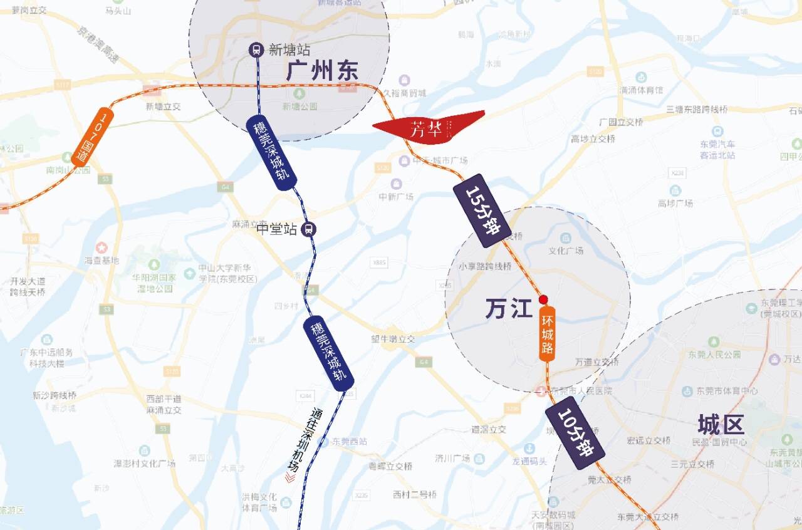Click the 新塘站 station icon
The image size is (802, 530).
(x=256, y=49)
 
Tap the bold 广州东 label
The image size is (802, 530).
(x=322, y=71)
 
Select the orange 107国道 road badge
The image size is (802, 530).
(x=92, y=137)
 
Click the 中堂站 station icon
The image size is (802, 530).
(x=308, y=229)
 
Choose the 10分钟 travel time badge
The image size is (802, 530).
(x=574, y=437)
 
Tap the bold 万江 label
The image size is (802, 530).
(x=508, y=308)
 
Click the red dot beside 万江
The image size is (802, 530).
(x=544, y=299)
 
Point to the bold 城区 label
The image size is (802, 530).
(x=721, y=424)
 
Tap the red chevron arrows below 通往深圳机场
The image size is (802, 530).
(x=289, y=478)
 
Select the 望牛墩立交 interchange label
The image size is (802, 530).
(x=393, y=339)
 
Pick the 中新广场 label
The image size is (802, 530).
(x=396, y=197)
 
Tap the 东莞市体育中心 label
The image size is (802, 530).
(x=726, y=391)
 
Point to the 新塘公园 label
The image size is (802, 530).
(x=299, y=107)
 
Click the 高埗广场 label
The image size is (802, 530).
(x=675, y=204)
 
